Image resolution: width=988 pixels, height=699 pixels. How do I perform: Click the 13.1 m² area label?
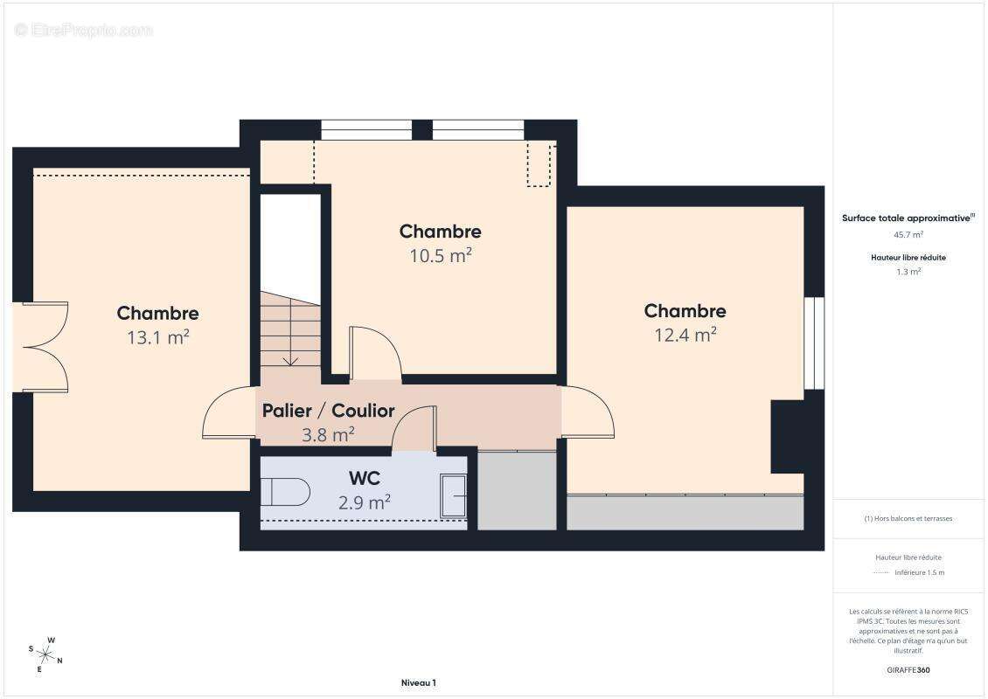tap(158, 337)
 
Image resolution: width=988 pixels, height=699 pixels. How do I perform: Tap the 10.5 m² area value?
tap(441, 255)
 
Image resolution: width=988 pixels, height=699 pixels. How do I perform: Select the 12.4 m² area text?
tap(685, 335)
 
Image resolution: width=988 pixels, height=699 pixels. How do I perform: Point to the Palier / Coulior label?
tap(328, 411)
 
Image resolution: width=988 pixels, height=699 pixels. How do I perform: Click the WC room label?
tap(365, 478)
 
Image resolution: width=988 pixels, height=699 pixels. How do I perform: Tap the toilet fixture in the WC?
tap(285, 492)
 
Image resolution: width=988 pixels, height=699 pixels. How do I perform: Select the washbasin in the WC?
tap(453, 495)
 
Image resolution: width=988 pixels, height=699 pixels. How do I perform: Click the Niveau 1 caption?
tap(419, 682)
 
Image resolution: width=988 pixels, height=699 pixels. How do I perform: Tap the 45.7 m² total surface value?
tap(908, 234)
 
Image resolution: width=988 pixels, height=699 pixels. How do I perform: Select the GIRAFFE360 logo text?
tap(908, 670)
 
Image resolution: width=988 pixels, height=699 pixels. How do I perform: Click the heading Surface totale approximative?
tap(906, 218)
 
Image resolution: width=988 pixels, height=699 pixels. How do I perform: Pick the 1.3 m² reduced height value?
tap(908, 272)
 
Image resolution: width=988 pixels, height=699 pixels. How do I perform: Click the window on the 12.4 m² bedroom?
tap(814, 343)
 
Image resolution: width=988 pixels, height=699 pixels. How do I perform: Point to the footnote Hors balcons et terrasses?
tap(908, 518)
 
